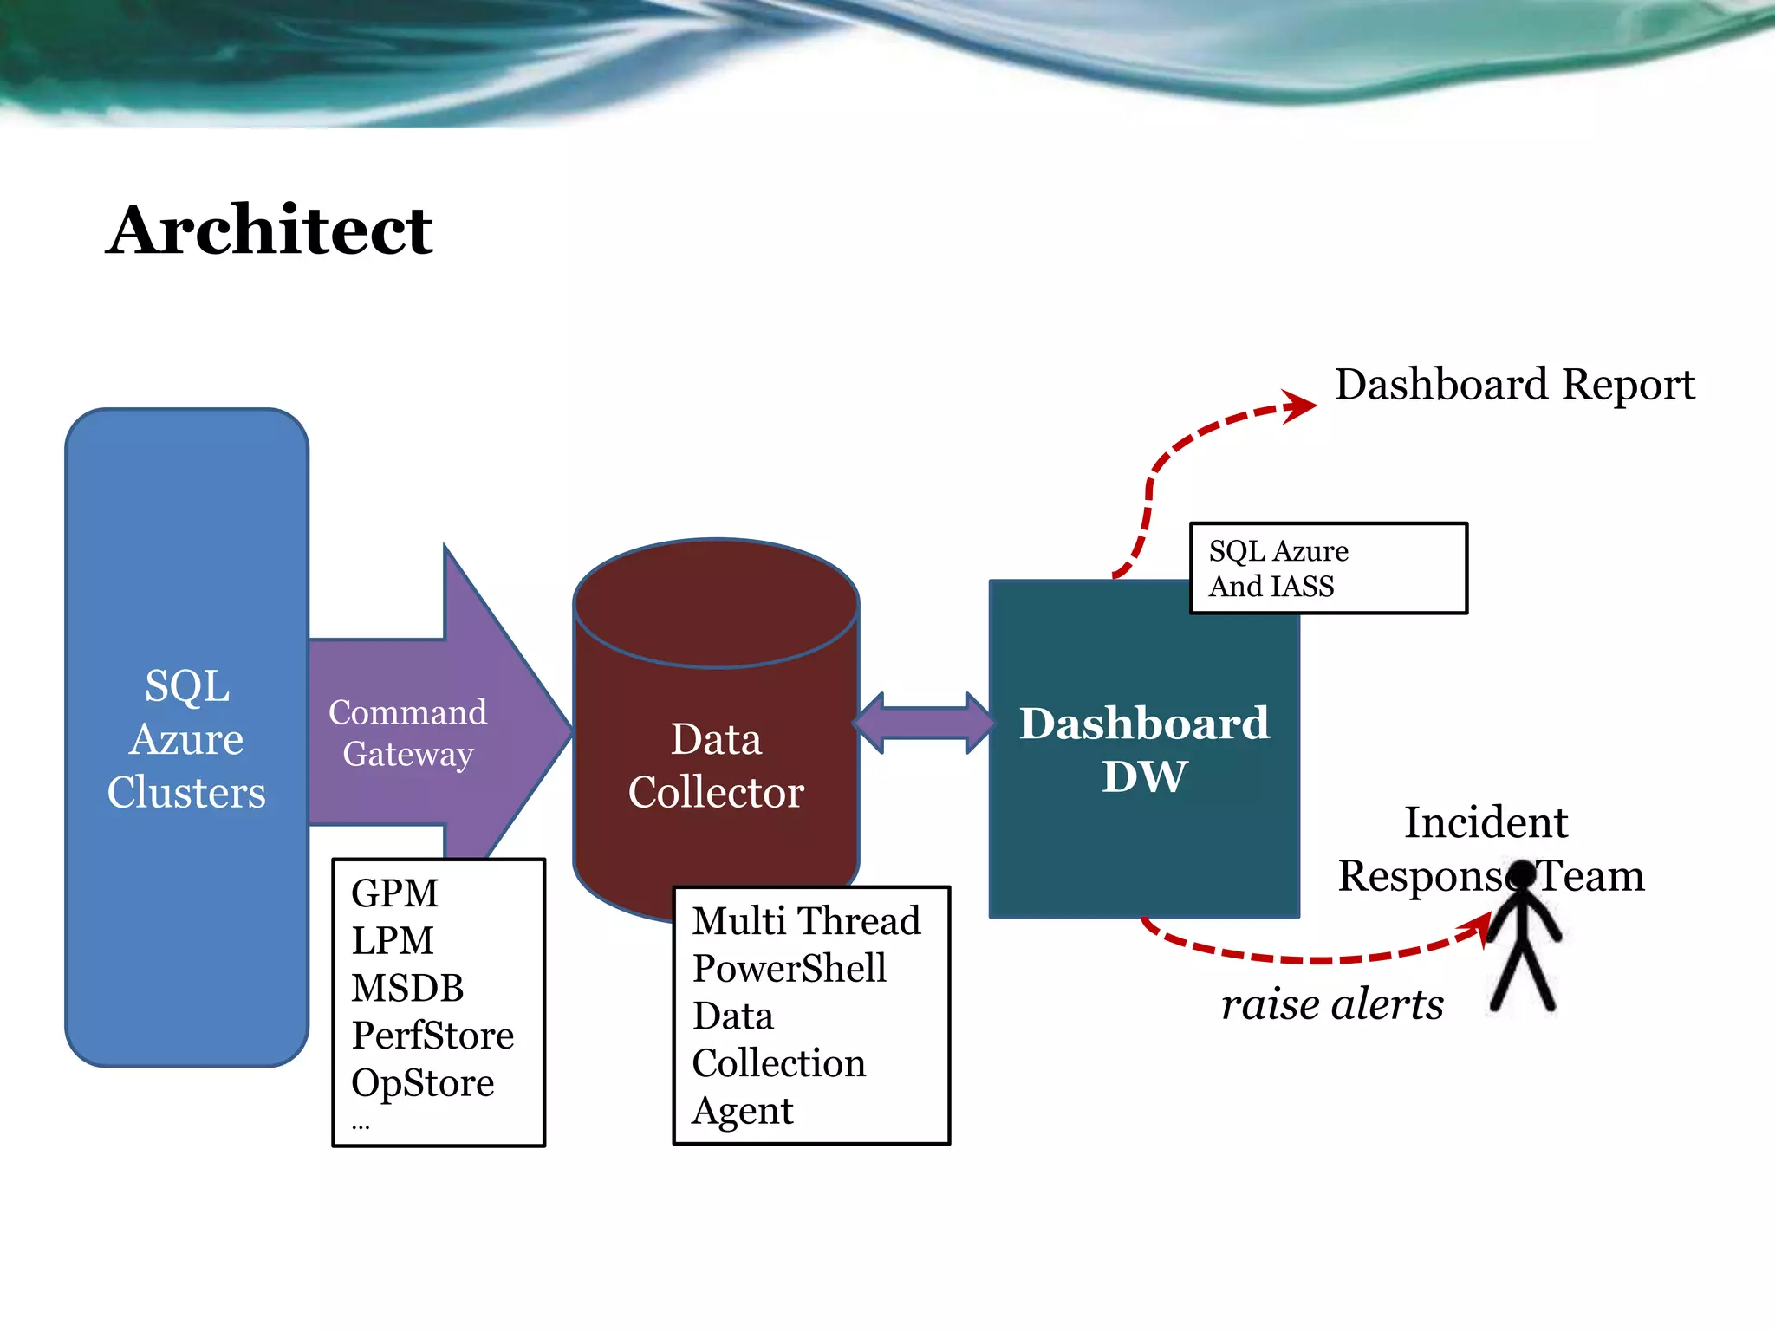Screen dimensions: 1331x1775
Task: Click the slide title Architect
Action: [270, 230]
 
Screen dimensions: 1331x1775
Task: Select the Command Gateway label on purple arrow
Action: [407, 733]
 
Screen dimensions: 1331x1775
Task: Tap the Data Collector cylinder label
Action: [716, 765]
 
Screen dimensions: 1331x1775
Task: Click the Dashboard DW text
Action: [1144, 749]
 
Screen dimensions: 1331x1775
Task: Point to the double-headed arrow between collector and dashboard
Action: [924, 723]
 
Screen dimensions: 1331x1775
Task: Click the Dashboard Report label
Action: [1514, 384]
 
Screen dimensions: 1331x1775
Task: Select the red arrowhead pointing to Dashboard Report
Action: [1300, 406]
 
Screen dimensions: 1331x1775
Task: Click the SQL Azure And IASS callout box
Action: [1328, 568]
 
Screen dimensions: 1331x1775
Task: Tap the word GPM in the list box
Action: [395, 893]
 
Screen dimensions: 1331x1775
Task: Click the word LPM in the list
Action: [393, 941]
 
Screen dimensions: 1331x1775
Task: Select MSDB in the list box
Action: [407, 989]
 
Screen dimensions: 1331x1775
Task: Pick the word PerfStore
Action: [432, 1036]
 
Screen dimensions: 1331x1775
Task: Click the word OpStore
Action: [423, 1083]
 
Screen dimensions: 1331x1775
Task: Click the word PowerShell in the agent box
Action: [790, 969]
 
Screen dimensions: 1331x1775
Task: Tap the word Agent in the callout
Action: [743, 1111]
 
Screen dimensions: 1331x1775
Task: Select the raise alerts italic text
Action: [1332, 1005]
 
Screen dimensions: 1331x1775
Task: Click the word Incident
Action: [1486, 822]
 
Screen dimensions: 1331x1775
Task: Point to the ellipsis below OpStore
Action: [361, 1126]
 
